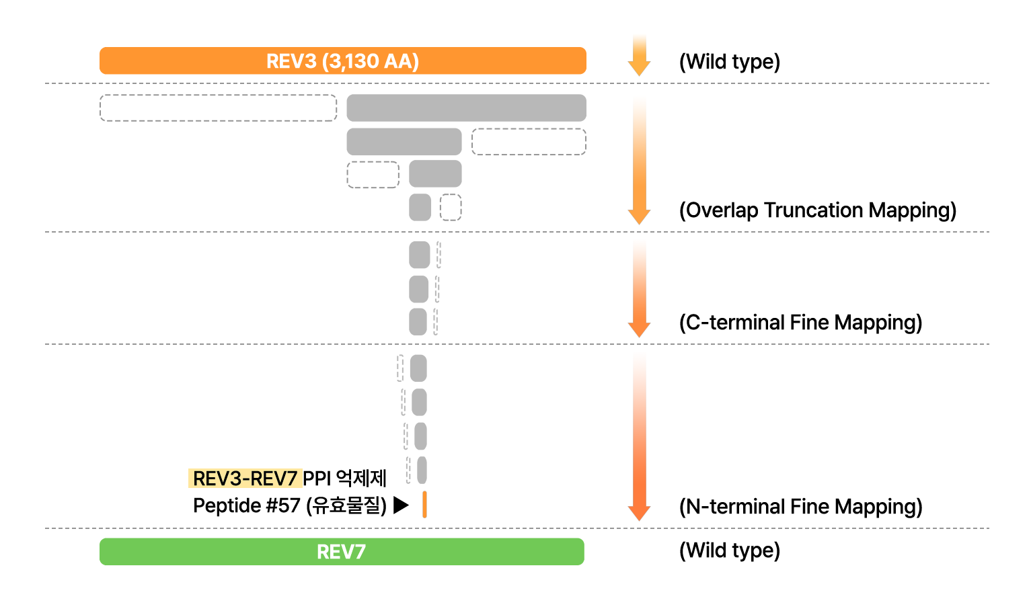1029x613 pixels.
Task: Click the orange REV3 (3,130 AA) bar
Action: (343, 60)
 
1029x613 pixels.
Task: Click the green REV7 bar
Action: (342, 551)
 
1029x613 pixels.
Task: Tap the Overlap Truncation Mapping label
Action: (818, 210)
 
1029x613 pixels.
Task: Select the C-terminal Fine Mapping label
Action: (801, 323)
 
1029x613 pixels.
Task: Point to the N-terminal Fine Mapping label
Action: (801, 507)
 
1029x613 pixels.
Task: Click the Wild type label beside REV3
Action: (730, 62)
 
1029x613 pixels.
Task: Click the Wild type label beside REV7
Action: (730, 550)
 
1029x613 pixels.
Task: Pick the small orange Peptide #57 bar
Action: (424, 504)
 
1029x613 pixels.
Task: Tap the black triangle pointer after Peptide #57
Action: (401, 505)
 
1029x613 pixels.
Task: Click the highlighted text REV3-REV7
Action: (245, 479)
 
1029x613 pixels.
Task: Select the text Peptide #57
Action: (247, 505)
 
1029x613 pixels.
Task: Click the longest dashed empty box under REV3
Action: (218, 108)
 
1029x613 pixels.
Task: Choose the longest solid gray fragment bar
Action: (466, 108)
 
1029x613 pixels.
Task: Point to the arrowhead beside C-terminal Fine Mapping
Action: (639, 329)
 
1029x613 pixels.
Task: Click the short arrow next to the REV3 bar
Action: (639, 55)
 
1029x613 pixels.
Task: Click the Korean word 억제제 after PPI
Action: (361, 479)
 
